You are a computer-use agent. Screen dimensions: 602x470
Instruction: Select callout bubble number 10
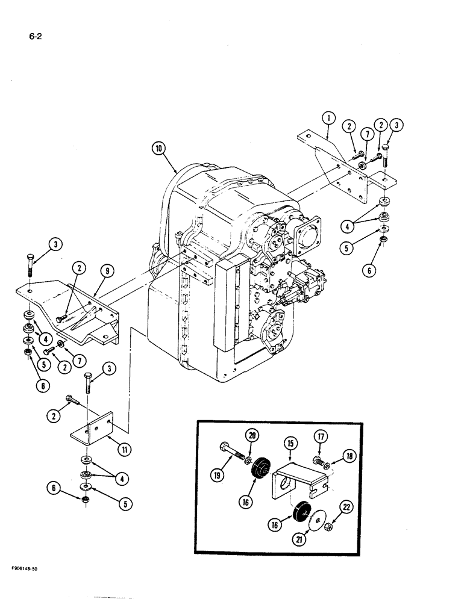[158, 147]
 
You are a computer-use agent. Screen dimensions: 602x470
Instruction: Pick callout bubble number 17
[321, 436]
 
